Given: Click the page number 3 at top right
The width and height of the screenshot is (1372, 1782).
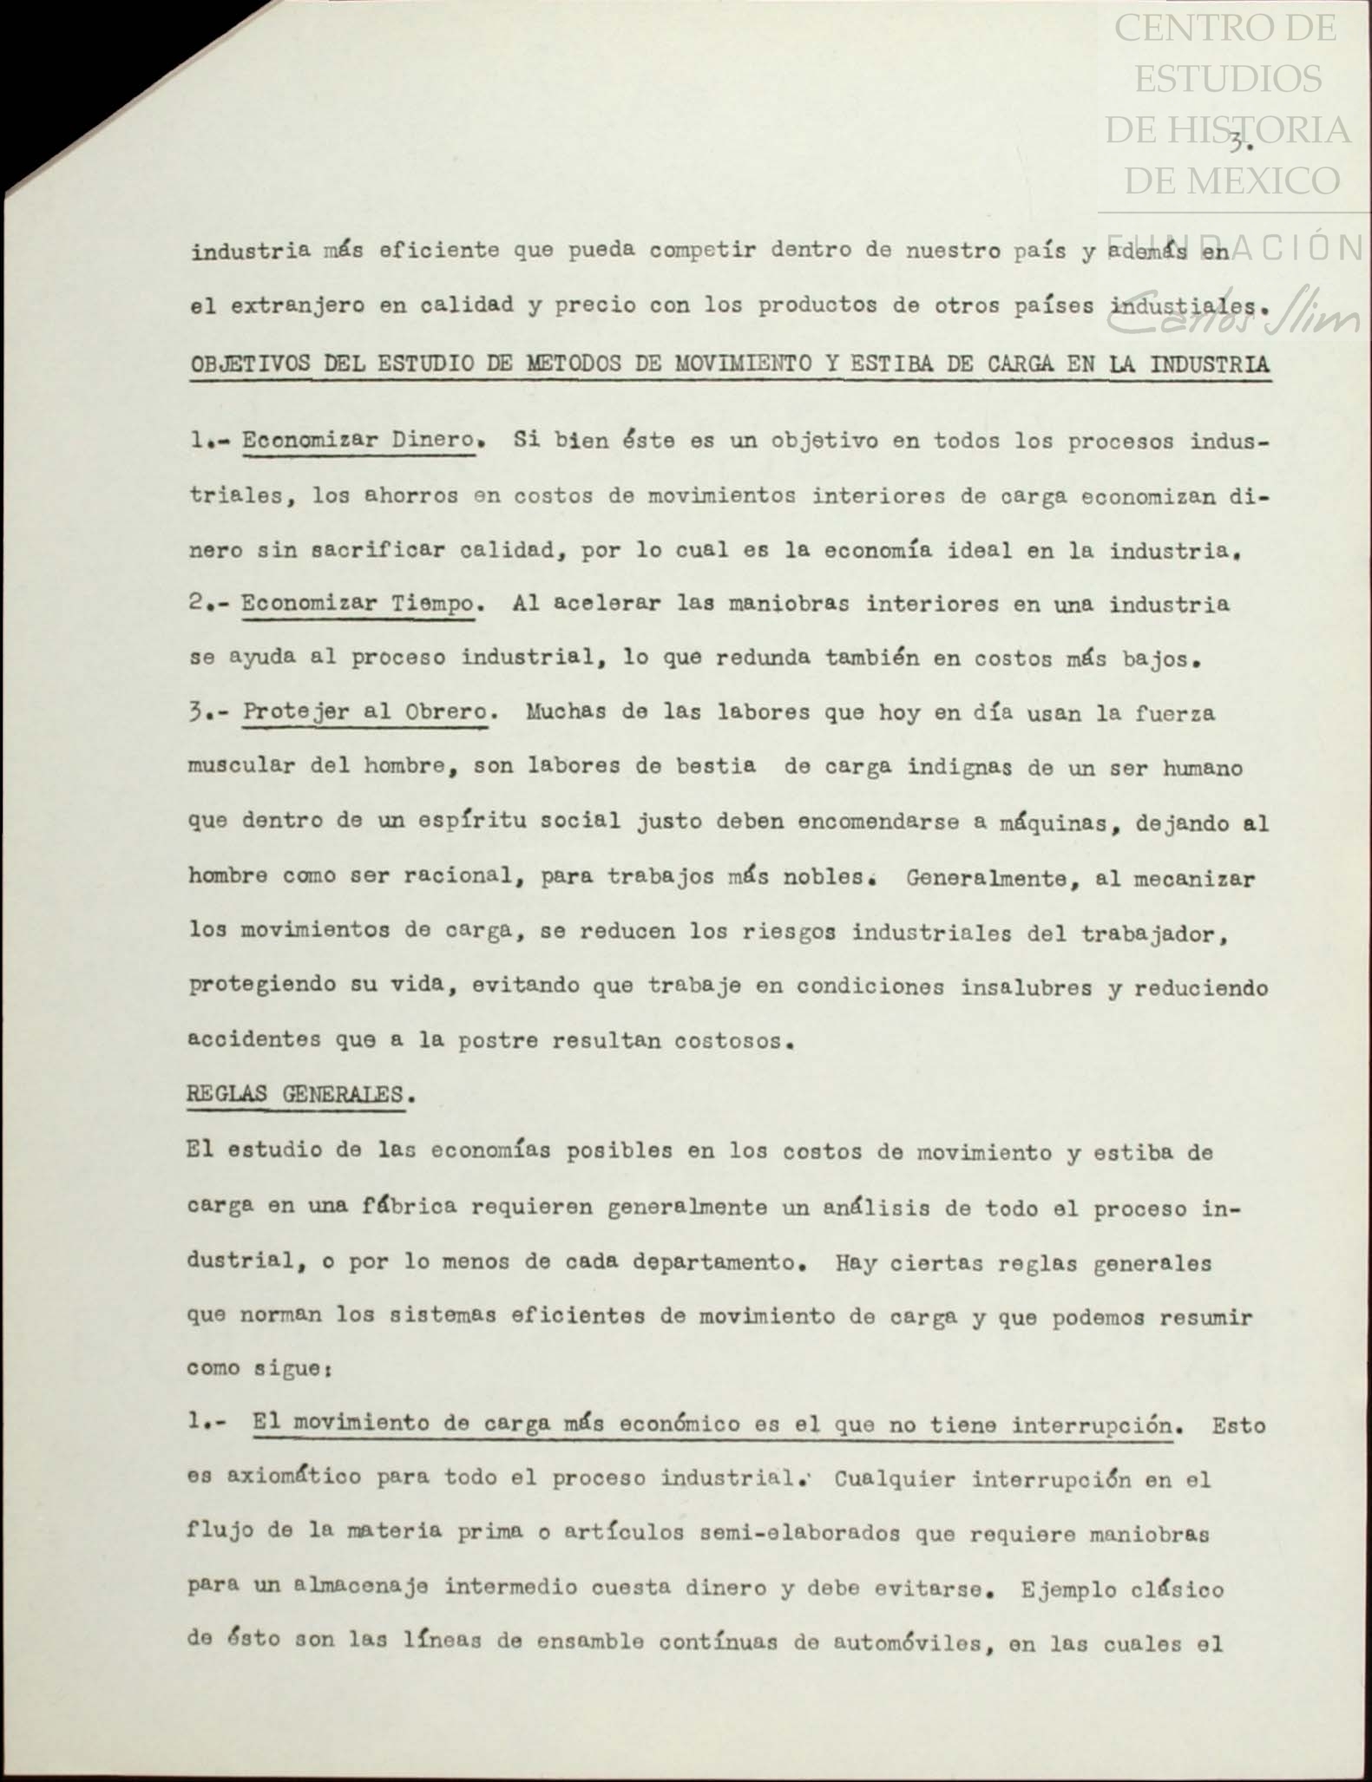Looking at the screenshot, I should pos(1238,142).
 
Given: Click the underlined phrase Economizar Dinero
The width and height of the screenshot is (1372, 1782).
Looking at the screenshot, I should pos(358,440).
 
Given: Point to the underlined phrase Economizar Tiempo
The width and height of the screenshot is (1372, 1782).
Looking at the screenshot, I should pos(358,603).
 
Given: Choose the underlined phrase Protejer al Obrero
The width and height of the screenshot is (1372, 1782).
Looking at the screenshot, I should pos(364,712).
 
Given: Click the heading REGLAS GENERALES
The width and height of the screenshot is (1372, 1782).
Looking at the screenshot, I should pos(295,1094).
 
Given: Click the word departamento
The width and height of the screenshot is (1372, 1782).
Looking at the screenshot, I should pos(711,1261).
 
